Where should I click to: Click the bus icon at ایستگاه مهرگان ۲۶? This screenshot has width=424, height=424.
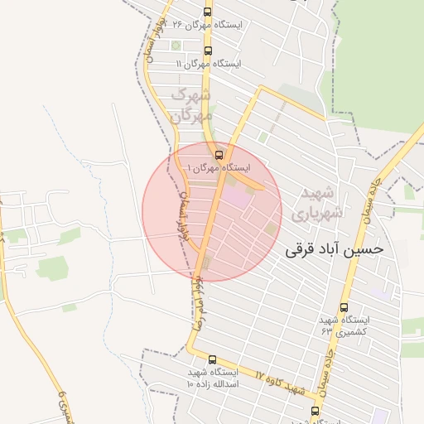coord(207,12)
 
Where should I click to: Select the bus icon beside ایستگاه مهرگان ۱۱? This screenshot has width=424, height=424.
coord(207,51)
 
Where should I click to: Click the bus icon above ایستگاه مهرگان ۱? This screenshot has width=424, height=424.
coord(219,154)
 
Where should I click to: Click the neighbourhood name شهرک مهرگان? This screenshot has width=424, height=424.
coord(191,105)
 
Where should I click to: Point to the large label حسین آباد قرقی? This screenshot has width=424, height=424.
coord(335,248)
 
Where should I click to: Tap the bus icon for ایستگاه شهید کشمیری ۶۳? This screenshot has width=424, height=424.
coord(344,307)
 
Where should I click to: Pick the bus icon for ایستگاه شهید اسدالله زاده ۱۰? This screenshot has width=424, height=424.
coord(213,360)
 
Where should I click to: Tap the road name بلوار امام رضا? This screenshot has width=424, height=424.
coord(196,303)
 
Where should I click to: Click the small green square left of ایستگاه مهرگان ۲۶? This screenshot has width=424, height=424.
coord(176,45)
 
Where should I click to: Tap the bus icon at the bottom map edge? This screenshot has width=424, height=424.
coord(314,410)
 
